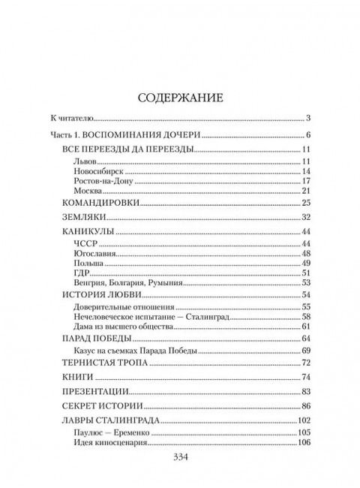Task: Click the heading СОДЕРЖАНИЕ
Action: (x=180, y=97)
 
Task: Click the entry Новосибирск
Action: (x=97, y=172)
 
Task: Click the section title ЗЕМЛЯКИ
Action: (x=80, y=217)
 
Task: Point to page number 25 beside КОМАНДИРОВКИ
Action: (x=306, y=203)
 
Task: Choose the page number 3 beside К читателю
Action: (x=308, y=119)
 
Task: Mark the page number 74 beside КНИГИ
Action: (x=306, y=377)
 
